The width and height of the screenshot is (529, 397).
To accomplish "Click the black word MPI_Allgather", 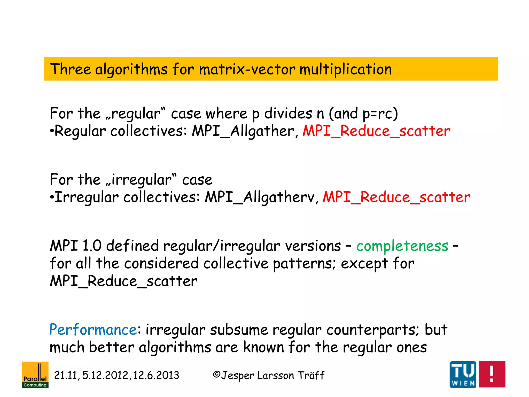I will pyautogui.click(x=243, y=131).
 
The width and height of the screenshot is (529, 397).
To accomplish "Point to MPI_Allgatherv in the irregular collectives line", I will pyautogui.click(x=260, y=197).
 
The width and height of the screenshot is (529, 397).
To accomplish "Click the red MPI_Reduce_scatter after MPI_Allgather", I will pyautogui.click(x=376, y=131).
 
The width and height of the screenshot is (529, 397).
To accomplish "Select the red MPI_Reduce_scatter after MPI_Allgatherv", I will pyautogui.click(x=396, y=197).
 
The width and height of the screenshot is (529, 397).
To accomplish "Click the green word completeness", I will pyautogui.click(x=402, y=246).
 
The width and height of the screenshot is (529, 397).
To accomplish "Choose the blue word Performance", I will pyautogui.click(x=93, y=330).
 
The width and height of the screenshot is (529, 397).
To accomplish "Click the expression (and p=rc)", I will pyautogui.click(x=363, y=114).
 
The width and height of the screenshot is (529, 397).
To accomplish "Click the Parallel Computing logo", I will pyautogui.click(x=35, y=375).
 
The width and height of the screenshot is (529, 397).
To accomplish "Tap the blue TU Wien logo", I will pyautogui.click(x=463, y=374).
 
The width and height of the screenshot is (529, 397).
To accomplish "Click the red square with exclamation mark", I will pyautogui.click(x=492, y=374).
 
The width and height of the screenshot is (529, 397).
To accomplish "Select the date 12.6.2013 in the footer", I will pyautogui.click(x=156, y=375).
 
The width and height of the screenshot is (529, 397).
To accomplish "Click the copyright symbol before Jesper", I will pyautogui.click(x=216, y=375).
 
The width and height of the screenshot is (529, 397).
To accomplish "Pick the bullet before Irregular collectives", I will pyautogui.click(x=52, y=198).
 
